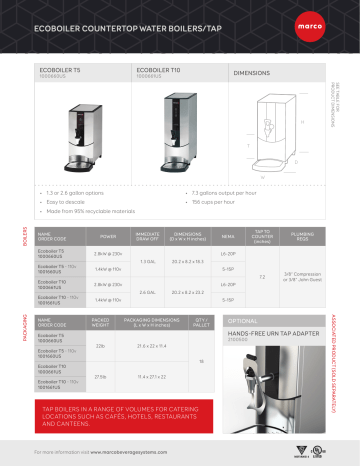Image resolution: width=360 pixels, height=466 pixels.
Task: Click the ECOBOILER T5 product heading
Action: (x=60, y=70)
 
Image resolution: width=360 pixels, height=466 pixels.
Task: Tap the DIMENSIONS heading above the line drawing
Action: (x=254, y=74)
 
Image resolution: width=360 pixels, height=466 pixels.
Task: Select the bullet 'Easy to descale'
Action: (x=63, y=201)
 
